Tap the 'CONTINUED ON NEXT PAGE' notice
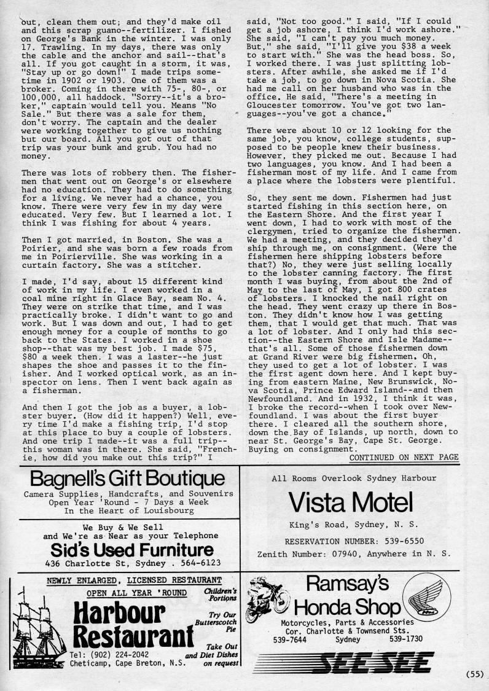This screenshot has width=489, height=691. click(404, 457)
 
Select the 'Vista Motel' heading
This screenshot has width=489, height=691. click(351, 504)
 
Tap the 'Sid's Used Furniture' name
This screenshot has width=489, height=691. click(132, 550)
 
